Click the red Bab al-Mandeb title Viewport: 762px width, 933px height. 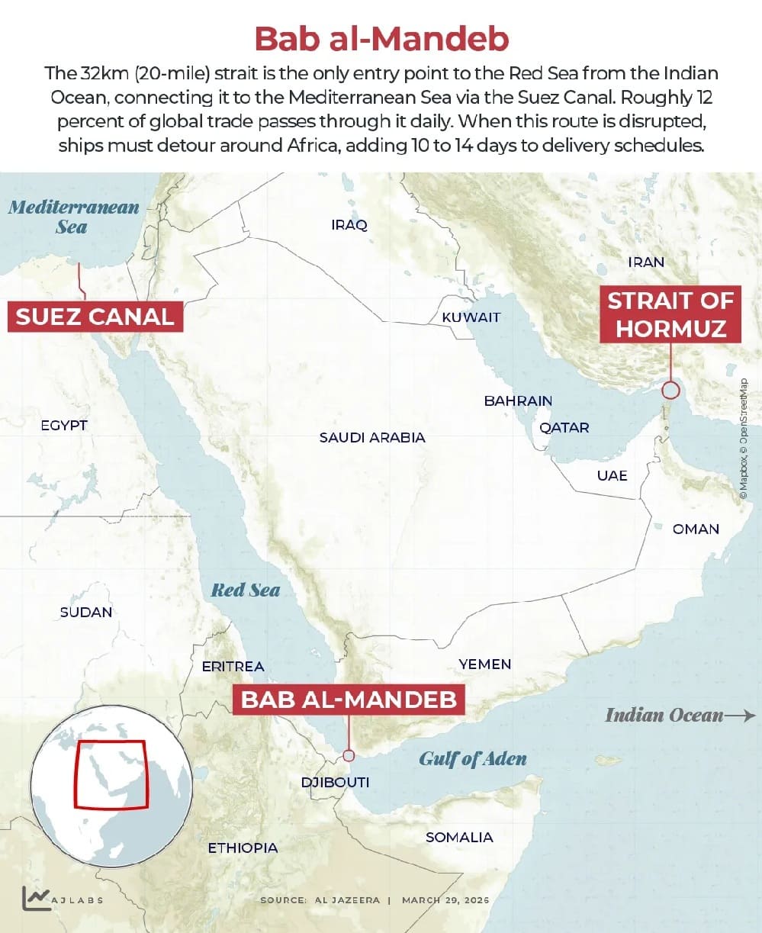click(x=381, y=38)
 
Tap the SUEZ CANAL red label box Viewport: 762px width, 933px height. click(x=95, y=316)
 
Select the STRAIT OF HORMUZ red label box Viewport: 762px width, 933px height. click(x=670, y=314)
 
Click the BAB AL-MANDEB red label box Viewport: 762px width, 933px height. click(x=349, y=699)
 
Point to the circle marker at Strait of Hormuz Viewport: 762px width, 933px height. click(x=670, y=391)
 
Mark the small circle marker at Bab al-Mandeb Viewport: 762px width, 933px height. click(x=349, y=755)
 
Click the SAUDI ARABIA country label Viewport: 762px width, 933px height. click(x=372, y=438)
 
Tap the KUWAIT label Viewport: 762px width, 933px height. click(x=471, y=317)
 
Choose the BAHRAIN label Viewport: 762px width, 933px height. click(x=518, y=401)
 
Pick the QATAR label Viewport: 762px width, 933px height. click(x=564, y=427)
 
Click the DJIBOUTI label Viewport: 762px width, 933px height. click(x=335, y=782)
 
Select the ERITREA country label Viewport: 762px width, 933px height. click(x=233, y=667)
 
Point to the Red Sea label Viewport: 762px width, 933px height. click(x=245, y=590)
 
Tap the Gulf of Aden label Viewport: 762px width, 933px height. click(x=473, y=758)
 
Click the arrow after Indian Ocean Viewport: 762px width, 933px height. click(x=740, y=716)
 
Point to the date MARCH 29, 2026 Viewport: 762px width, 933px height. click(x=445, y=900)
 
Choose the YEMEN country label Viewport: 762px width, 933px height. click(x=485, y=664)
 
